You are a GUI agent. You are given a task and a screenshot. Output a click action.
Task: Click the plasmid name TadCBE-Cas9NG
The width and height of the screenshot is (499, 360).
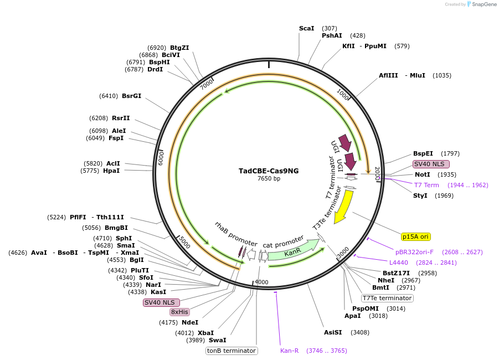(269, 171)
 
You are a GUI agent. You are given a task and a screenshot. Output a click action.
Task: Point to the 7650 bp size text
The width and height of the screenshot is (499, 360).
(269, 178)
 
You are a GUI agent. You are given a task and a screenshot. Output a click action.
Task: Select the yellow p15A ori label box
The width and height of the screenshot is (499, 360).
(415, 236)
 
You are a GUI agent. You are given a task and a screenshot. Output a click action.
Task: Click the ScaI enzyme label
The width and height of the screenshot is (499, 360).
(306, 28)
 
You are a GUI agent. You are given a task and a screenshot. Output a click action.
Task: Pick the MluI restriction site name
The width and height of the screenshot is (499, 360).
(417, 75)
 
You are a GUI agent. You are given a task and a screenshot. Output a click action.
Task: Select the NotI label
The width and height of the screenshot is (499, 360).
(422, 174)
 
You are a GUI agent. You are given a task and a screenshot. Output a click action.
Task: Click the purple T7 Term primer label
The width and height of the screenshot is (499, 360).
(426, 185)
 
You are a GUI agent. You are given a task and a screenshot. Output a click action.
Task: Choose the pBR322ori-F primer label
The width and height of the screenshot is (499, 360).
(414, 252)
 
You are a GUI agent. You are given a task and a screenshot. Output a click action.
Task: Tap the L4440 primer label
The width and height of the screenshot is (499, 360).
(398, 263)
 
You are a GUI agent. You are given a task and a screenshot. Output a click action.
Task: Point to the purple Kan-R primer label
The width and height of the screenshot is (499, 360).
(289, 351)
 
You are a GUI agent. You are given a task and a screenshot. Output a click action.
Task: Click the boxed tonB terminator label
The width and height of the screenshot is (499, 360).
(232, 351)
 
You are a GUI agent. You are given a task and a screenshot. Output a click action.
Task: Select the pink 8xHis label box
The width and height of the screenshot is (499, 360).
(179, 312)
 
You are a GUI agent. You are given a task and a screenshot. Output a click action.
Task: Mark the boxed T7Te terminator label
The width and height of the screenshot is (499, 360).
(387, 298)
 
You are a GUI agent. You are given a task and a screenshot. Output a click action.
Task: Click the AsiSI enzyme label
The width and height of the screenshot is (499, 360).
(333, 332)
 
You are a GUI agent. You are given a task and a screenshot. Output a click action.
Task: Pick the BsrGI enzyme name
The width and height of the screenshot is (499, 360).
(131, 96)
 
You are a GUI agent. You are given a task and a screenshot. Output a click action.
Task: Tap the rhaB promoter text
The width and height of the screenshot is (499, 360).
(236, 234)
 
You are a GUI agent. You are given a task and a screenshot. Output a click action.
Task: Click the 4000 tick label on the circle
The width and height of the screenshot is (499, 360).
(261, 282)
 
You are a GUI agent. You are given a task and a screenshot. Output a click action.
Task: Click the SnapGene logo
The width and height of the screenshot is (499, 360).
(479, 4)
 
